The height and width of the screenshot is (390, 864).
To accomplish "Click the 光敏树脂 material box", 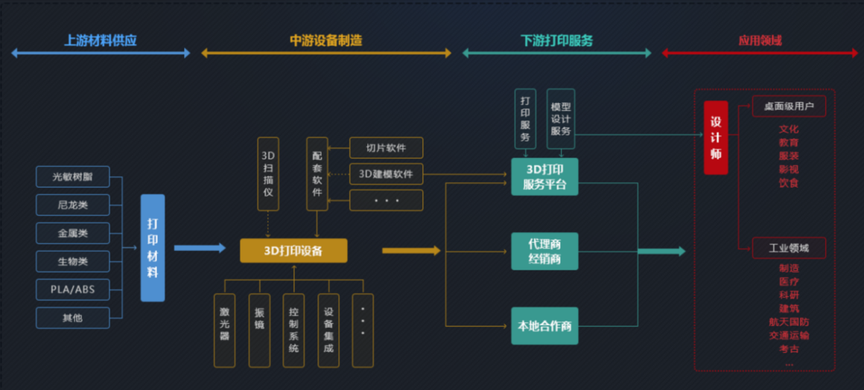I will pyautogui.click(x=72, y=176).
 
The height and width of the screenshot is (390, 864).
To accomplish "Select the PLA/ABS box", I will pyautogui.click(x=72, y=289).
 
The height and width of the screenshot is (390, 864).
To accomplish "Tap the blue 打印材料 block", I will pyautogui.click(x=153, y=248).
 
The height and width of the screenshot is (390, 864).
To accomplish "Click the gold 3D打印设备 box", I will pyautogui.click(x=293, y=251).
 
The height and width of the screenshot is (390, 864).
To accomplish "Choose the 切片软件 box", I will pyautogui.click(x=386, y=147).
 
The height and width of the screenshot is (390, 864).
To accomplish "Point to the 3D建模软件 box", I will pyautogui.click(x=386, y=174).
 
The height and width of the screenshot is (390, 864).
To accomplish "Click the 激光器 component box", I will pyautogui.click(x=224, y=330).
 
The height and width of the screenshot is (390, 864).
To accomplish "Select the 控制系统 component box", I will pyautogui.click(x=293, y=330).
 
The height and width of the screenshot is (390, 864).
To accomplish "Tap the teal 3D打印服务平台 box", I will pyautogui.click(x=544, y=176).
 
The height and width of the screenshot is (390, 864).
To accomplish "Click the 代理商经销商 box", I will pyautogui.click(x=544, y=252).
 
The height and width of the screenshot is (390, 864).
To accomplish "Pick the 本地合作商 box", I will pyautogui.click(x=544, y=326).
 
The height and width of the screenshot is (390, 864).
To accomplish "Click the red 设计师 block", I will pyautogui.click(x=716, y=138).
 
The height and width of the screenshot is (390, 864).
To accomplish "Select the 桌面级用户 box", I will pyautogui.click(x=789, y=106).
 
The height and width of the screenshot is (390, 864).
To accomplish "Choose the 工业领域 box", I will pyautogui.click(x=789, y=248).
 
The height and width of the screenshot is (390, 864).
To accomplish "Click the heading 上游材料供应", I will pyautogui.click(x=101, y=41).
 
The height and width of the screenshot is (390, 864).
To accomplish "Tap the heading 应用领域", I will pyautogui.click(x=760, y=41).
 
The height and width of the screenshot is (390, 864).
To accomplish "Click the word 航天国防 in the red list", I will pyautogui.click(x=789, y=322).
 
